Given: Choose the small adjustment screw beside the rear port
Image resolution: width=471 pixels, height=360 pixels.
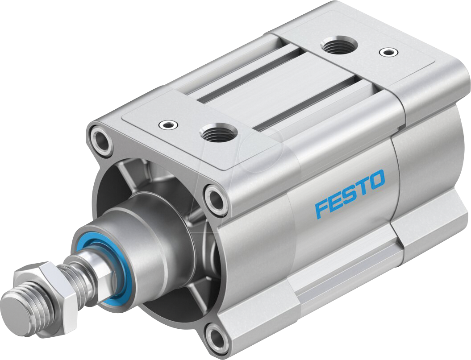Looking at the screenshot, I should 387,52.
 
